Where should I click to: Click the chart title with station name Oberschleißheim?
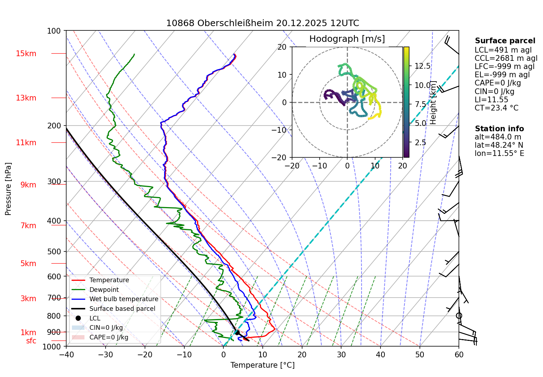point(262,23)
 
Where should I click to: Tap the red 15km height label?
point(26,54)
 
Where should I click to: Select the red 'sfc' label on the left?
point(31,341)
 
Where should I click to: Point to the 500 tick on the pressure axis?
point(54,251)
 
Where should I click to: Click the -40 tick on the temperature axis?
point(66,354)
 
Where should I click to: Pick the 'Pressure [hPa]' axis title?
point(8,189)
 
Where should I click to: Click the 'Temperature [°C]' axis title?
point(262,365)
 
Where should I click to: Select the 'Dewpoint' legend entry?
point(104,290)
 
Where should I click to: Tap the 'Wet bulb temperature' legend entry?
point(123,299)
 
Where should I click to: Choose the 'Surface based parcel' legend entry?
point(122,309)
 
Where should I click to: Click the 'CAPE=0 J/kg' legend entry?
point(109,337)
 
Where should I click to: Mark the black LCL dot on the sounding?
point(237,333)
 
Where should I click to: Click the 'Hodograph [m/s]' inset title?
point(347,39)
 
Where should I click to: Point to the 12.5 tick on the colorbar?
point(422,66)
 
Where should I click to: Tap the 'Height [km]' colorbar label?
point(433,102)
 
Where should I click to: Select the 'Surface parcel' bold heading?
point(505,41)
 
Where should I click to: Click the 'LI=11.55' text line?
point(491,100)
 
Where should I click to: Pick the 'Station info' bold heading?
point(499,129)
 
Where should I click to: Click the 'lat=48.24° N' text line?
point(499,145)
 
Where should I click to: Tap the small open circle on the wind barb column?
point(459,315)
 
